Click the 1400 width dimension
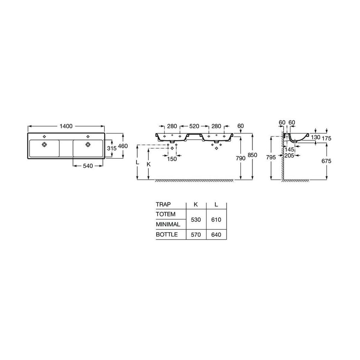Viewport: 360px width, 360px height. point(66,126)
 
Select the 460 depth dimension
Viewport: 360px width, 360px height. point(123,146)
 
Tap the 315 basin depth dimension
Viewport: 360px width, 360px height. point(112,148)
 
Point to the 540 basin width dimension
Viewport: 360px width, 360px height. point(88,166)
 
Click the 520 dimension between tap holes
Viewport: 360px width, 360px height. point(194,126)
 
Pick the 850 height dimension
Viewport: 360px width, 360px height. point(252,155)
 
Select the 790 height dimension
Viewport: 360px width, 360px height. point(240,158)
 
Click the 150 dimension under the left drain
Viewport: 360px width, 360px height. point(172,159)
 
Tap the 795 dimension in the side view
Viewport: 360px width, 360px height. point(271,157)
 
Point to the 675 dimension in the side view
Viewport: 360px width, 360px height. point(326,161)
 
